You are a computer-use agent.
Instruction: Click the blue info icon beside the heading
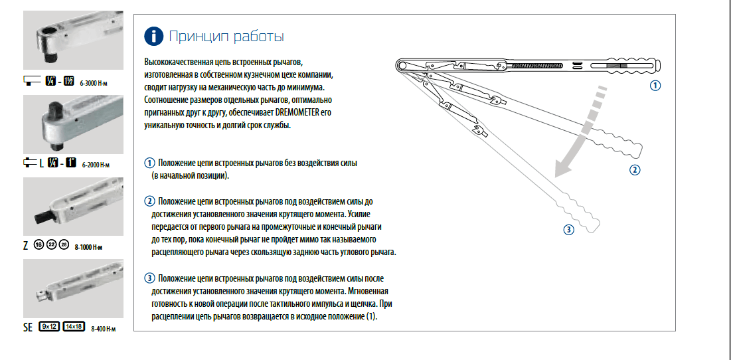[153, 35]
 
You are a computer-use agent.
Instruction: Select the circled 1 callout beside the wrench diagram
[655, 86]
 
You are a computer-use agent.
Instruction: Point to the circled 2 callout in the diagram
[635, 169]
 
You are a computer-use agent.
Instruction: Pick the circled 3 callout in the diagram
[568, 230]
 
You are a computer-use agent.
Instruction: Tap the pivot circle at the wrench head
[403, 65]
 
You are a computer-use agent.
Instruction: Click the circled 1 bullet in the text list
[150, 163]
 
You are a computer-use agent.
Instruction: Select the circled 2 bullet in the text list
[150, 201]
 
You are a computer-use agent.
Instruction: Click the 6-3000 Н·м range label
[95, 83]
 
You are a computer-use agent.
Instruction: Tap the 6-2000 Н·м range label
[96, 164]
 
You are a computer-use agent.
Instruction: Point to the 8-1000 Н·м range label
[89, 246]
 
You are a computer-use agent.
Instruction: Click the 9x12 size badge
[49, 327]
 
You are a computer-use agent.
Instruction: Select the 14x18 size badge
[74, 327]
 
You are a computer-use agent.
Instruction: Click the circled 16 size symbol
[38, 245]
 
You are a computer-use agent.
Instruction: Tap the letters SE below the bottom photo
[28, 327]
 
